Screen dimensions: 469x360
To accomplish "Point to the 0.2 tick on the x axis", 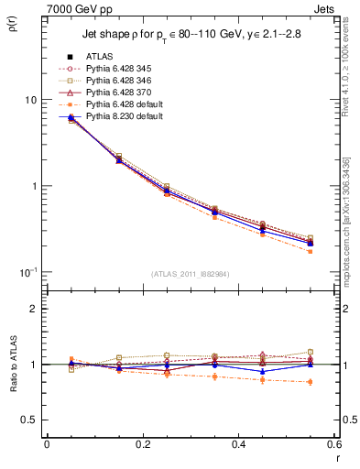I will point(142,445).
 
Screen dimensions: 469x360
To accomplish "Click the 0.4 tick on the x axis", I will point(238,445).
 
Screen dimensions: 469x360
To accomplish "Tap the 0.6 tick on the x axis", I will point(333,445).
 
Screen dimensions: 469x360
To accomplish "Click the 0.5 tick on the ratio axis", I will point(27,420).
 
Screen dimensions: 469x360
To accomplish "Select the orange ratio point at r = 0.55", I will point(310,381).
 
